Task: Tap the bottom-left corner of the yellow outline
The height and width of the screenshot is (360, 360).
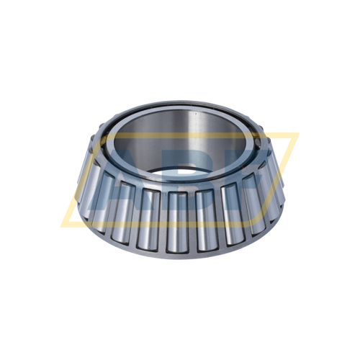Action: pyautogui.click(x=65, y=217)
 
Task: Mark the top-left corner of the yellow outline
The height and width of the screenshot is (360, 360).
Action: pyautogui.click(x=99, y=135)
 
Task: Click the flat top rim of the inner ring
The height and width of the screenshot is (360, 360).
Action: pyautogui.click(x=180, y=108)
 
